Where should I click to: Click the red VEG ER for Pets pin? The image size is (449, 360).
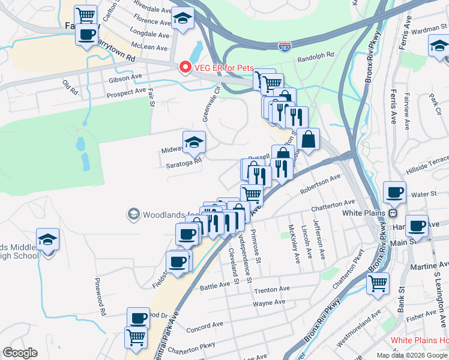[185, 68]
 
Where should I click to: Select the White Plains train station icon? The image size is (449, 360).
[392, 213]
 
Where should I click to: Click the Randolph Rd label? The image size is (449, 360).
[315, 56]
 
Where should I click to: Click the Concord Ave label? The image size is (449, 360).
[205, 328]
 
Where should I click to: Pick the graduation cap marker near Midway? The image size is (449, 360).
[193, 142]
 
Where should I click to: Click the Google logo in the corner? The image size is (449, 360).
[20, 353]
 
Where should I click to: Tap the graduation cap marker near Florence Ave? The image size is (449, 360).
[182, 18]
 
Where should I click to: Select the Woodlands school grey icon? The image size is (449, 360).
[133, 214]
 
